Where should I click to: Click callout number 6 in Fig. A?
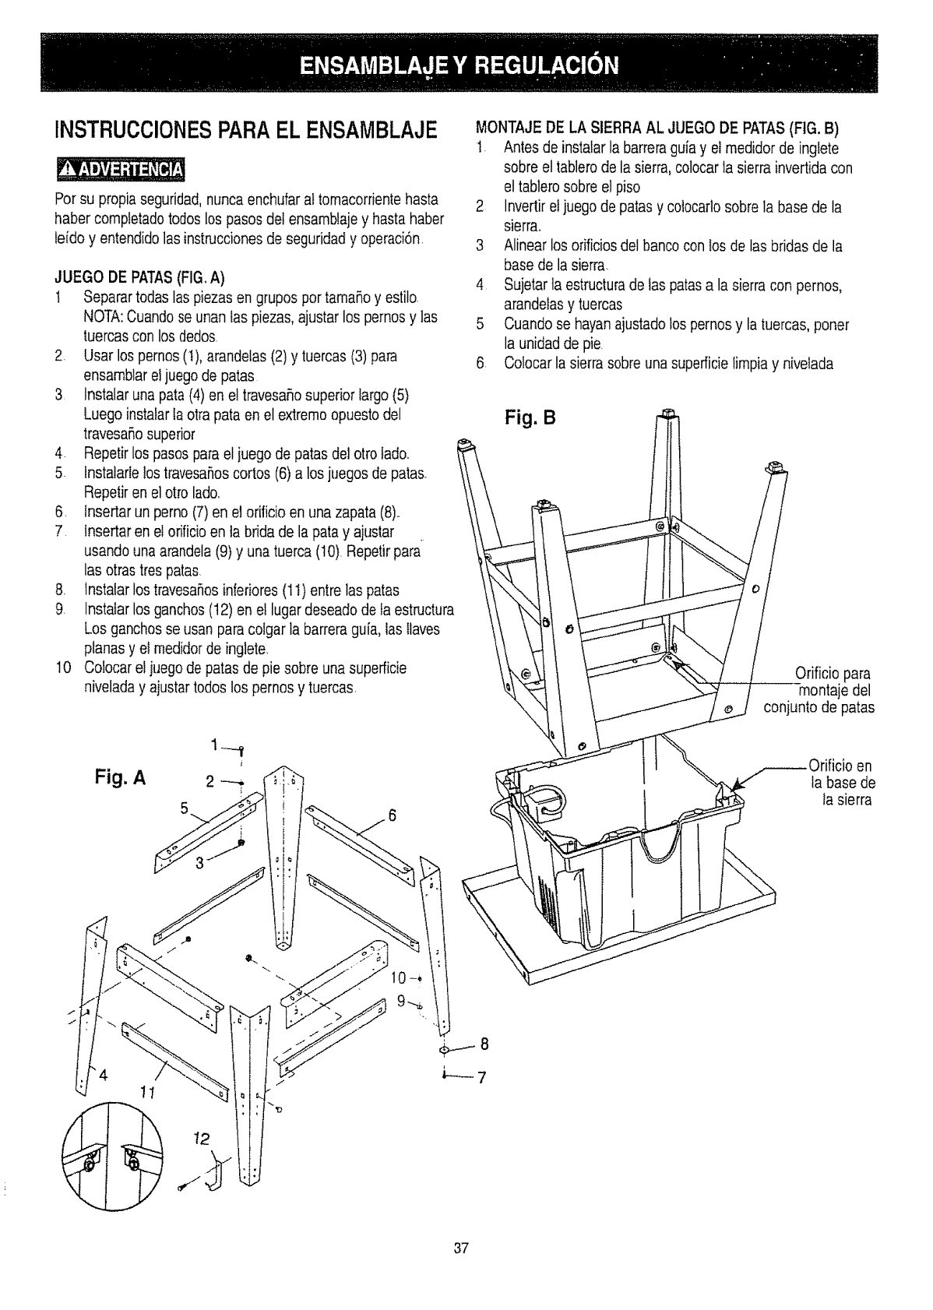pos(393,815)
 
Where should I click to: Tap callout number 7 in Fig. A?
pos(481,1078)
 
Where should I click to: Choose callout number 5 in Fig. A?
pos(185,808)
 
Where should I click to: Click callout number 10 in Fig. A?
pos(399,977)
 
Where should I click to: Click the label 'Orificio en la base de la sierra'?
pos(841,782)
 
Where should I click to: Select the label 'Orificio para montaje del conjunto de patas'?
pos(820,690)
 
